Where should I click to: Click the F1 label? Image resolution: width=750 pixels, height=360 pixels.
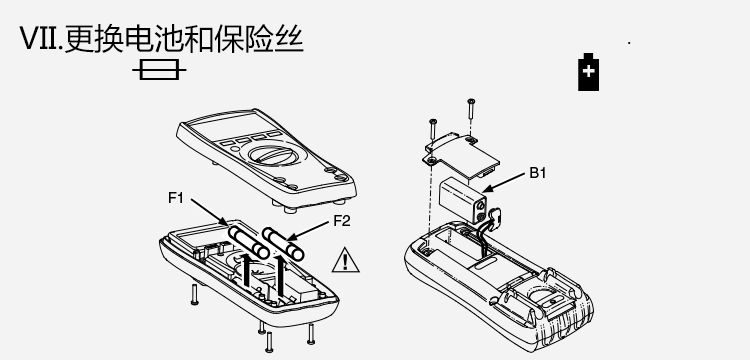click(176, 197)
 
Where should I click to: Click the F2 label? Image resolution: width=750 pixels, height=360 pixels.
click(342, 221)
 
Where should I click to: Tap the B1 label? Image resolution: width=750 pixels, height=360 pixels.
click(538, 173)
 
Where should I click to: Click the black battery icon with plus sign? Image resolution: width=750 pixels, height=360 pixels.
click(588, 72)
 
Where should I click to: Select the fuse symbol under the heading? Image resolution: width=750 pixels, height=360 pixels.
click(159, 70)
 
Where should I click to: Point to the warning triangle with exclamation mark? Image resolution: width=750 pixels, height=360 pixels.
click(346, 260)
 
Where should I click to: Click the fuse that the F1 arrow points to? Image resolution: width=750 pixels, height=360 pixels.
click(248, 243)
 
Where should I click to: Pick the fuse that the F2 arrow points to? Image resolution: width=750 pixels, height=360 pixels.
click(283, 244)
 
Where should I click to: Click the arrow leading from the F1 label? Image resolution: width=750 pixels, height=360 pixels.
click(210, 211)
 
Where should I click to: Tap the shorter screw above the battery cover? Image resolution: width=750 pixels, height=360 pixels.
click(433, 129)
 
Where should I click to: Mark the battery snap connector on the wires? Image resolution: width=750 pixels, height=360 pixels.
click(495, 216)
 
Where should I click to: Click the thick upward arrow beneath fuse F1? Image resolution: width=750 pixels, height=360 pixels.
click(247, 271)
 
